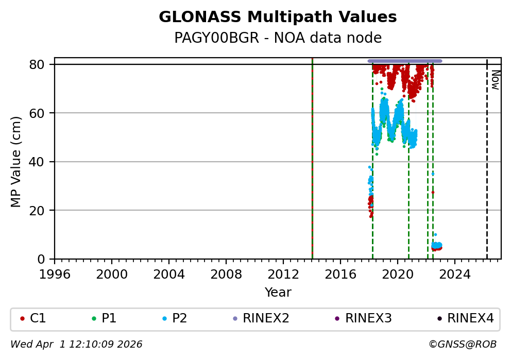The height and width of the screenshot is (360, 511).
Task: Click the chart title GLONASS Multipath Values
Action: coord(278,17)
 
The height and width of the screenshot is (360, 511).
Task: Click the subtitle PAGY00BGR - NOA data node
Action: coord(278,38)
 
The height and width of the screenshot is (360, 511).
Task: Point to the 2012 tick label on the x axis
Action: coord(283,273)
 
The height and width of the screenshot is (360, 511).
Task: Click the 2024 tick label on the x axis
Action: coord(455,273)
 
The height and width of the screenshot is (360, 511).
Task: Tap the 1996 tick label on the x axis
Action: coord(55,273)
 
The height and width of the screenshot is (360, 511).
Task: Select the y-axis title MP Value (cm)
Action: coord(16,162)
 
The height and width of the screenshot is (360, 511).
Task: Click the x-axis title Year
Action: coord(278,293)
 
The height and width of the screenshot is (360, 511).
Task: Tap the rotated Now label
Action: coord(495,80)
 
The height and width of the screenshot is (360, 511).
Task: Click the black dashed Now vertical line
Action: coord(487,170)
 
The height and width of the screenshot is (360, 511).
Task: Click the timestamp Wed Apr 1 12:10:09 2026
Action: coord(76,344)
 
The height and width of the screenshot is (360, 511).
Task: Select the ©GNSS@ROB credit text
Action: coord(462,344)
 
